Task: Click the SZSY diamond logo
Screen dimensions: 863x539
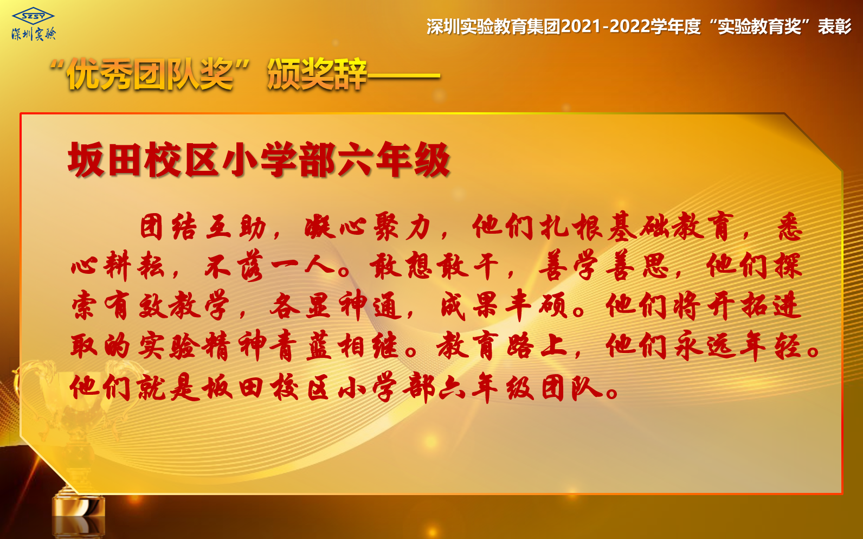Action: [33, 16]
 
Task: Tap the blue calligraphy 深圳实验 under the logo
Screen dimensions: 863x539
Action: [34, 34]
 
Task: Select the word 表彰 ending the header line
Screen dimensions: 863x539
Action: [835, 27]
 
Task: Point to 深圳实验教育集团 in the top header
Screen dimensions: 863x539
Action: [493, 27]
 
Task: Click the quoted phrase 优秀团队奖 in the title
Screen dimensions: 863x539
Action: [150, 74]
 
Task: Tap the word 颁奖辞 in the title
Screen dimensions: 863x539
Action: [317, 74]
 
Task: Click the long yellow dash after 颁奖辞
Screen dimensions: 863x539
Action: [404, 76]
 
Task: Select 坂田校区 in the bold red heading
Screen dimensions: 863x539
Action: [143, 159]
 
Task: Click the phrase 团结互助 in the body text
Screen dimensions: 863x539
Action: [203, 227]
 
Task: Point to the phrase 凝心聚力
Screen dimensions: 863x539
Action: [367, 227]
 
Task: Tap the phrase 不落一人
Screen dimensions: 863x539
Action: [270, 266]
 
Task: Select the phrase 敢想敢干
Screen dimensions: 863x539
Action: [434, 266]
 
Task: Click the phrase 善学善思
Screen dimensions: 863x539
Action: [603, 266]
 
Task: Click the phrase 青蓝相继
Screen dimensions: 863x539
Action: [334, 345]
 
